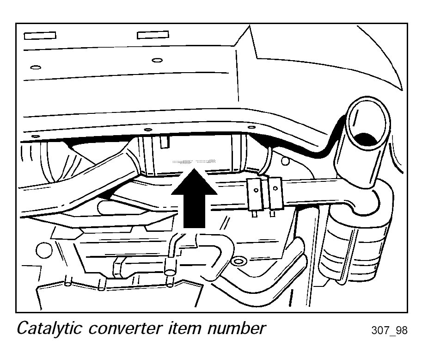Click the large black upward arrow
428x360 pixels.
(x=194, y=199)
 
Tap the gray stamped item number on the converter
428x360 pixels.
(x=194, y=161)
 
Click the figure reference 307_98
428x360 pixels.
(x=390, y=331)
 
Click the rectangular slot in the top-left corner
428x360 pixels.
(x=40, y=35)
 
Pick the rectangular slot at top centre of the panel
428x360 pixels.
(x=153, y=35)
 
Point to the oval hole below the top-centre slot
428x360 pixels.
(x=157, y=60)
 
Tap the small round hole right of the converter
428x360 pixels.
(x=285, y=161)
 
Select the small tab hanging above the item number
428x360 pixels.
(x=164, y=141)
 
